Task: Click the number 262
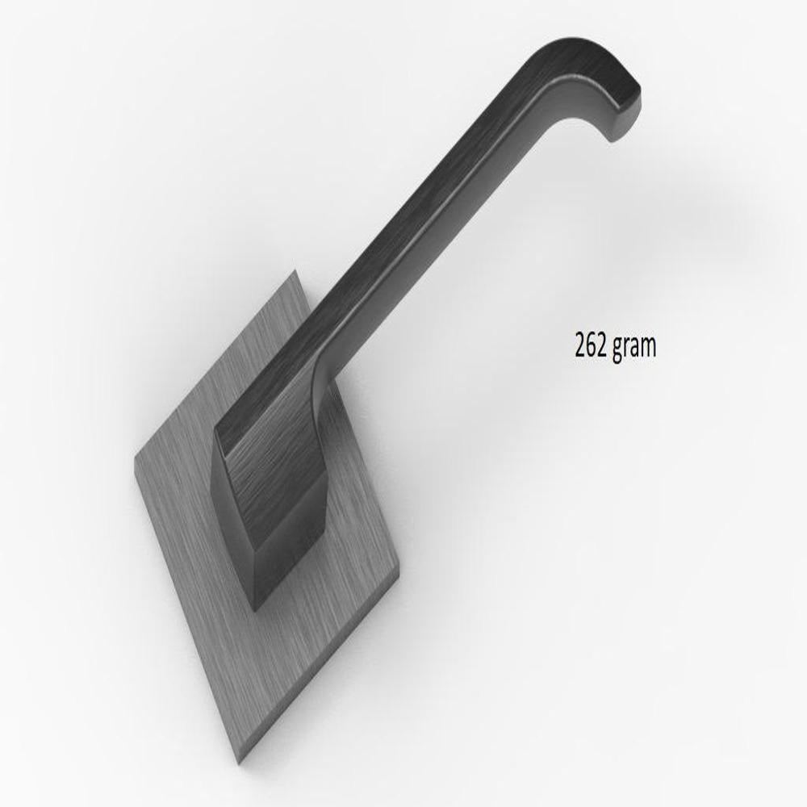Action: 591,345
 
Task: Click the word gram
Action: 634,347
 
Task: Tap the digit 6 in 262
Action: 591,345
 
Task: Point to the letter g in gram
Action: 617,349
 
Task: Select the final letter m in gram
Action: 649,347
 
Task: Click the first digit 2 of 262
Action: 580,345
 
